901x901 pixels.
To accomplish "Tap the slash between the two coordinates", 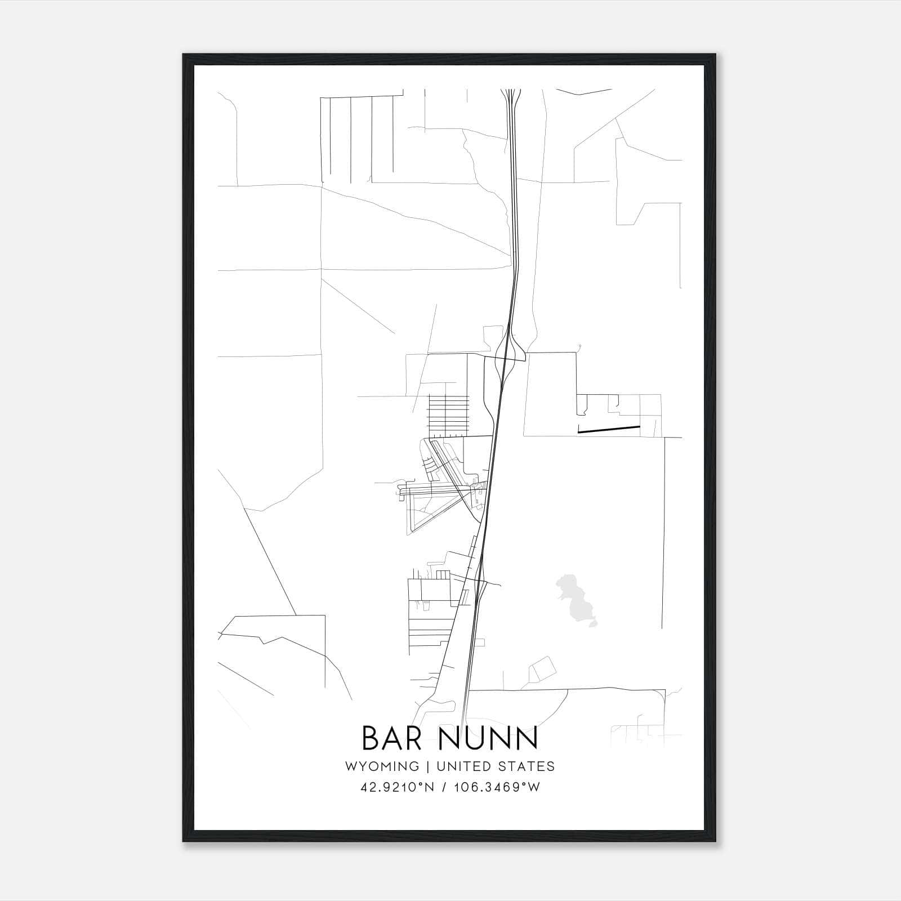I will (x=445, y=787).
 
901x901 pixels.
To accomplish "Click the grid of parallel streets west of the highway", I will (x=449, y=414).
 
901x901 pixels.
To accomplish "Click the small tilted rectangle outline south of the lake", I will (x=542, y=670).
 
